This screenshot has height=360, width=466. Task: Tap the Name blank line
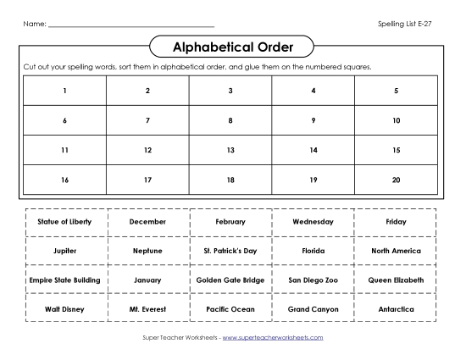[x=131, y=26]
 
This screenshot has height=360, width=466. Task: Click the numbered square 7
[x=147, y=120]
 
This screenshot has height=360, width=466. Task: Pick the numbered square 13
[x=230, y=150]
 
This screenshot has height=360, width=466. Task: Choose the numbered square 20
[x=396, y=180]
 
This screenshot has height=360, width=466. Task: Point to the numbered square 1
[x=64, y=90]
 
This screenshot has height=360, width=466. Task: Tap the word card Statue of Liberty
[x=64, y=221]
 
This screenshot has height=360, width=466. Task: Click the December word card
[x=147, y=221]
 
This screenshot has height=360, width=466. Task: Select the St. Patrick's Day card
[x=230, y=251]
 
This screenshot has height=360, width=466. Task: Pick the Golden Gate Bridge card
[x=230, y=280]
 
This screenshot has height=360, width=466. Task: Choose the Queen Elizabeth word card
[x=396, y=280]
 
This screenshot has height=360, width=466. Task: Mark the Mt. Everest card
[x=147, y=309]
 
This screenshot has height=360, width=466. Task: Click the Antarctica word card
[x=396, y=309]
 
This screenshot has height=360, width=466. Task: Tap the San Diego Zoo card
[x=313, y=280]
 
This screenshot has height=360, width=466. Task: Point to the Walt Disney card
[x=64, y=309]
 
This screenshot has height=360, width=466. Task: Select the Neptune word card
[x=147, y=251]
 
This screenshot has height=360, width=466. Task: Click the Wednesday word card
[x=313, y=221]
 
